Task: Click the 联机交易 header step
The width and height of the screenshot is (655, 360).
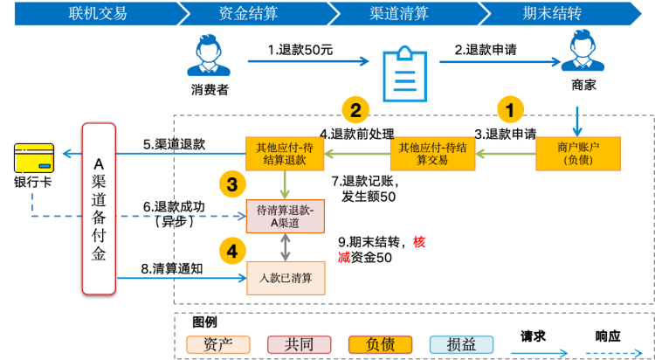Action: coord(97,13)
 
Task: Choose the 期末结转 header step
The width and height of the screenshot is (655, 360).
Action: coord(550,13)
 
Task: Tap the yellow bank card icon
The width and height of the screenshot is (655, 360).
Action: coord(34,157)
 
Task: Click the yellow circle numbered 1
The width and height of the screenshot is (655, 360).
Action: coord(511,110)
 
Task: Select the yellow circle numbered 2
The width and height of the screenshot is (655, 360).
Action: coord(355,110)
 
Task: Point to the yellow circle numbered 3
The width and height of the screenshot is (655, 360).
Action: coord(231,183)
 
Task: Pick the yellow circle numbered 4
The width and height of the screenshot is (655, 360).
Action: coord(231,252)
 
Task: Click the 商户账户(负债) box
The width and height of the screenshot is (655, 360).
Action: coord(577,153)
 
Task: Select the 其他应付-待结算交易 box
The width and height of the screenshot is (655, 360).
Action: coord(431,153)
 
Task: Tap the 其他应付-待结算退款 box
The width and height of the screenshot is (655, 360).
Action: coord(285,153)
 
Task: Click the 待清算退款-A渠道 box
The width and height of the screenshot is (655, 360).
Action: coord(285,216)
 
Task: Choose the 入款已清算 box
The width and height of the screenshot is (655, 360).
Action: coord(285,278)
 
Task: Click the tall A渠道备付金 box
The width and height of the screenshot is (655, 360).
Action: coord(99,208)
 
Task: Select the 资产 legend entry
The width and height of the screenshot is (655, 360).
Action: coord(217,344)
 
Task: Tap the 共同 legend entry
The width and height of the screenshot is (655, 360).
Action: coord(299,344)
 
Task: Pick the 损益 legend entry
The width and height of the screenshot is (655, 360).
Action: coord(461,344)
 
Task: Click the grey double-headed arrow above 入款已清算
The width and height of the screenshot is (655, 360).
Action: coord(286,247)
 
